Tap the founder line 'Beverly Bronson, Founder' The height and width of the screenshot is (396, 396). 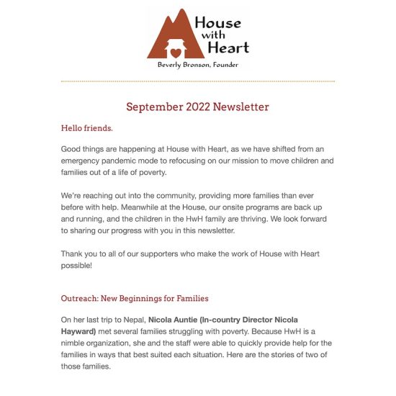[x=197, y=65]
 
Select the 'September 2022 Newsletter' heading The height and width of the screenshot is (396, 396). [x=197, y=107]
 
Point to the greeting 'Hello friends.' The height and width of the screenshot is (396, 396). [x=86, y=128]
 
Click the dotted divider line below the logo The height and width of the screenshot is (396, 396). [x=197, y=81]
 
